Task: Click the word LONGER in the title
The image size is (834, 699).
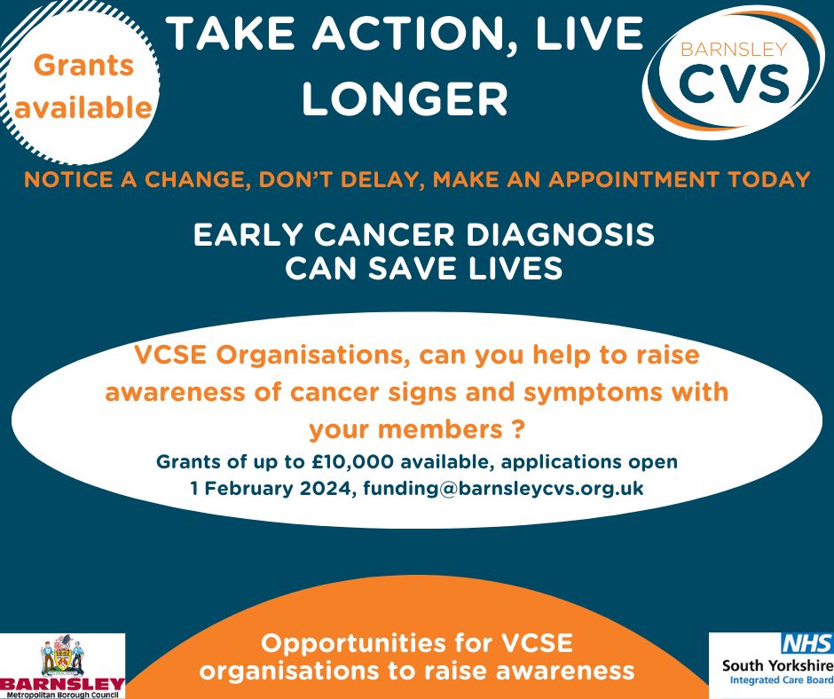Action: click(405, 99)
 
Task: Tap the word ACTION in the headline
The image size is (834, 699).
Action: click(408, 34)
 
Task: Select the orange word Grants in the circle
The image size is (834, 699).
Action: click(83, 66)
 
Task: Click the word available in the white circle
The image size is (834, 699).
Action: click(83, 107)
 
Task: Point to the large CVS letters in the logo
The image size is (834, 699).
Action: click(734, 84)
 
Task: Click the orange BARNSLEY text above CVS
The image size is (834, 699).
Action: click(734, 50)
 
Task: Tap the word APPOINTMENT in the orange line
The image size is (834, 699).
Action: click(633, 179)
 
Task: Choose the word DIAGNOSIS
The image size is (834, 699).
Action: click(560, 234)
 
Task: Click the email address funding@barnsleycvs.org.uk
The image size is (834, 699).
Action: click(503, 489)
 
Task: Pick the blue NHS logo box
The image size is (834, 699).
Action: click(806, 643)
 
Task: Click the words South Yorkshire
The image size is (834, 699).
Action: click(777, 665)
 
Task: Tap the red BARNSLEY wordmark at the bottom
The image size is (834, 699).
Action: click(62, 684)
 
